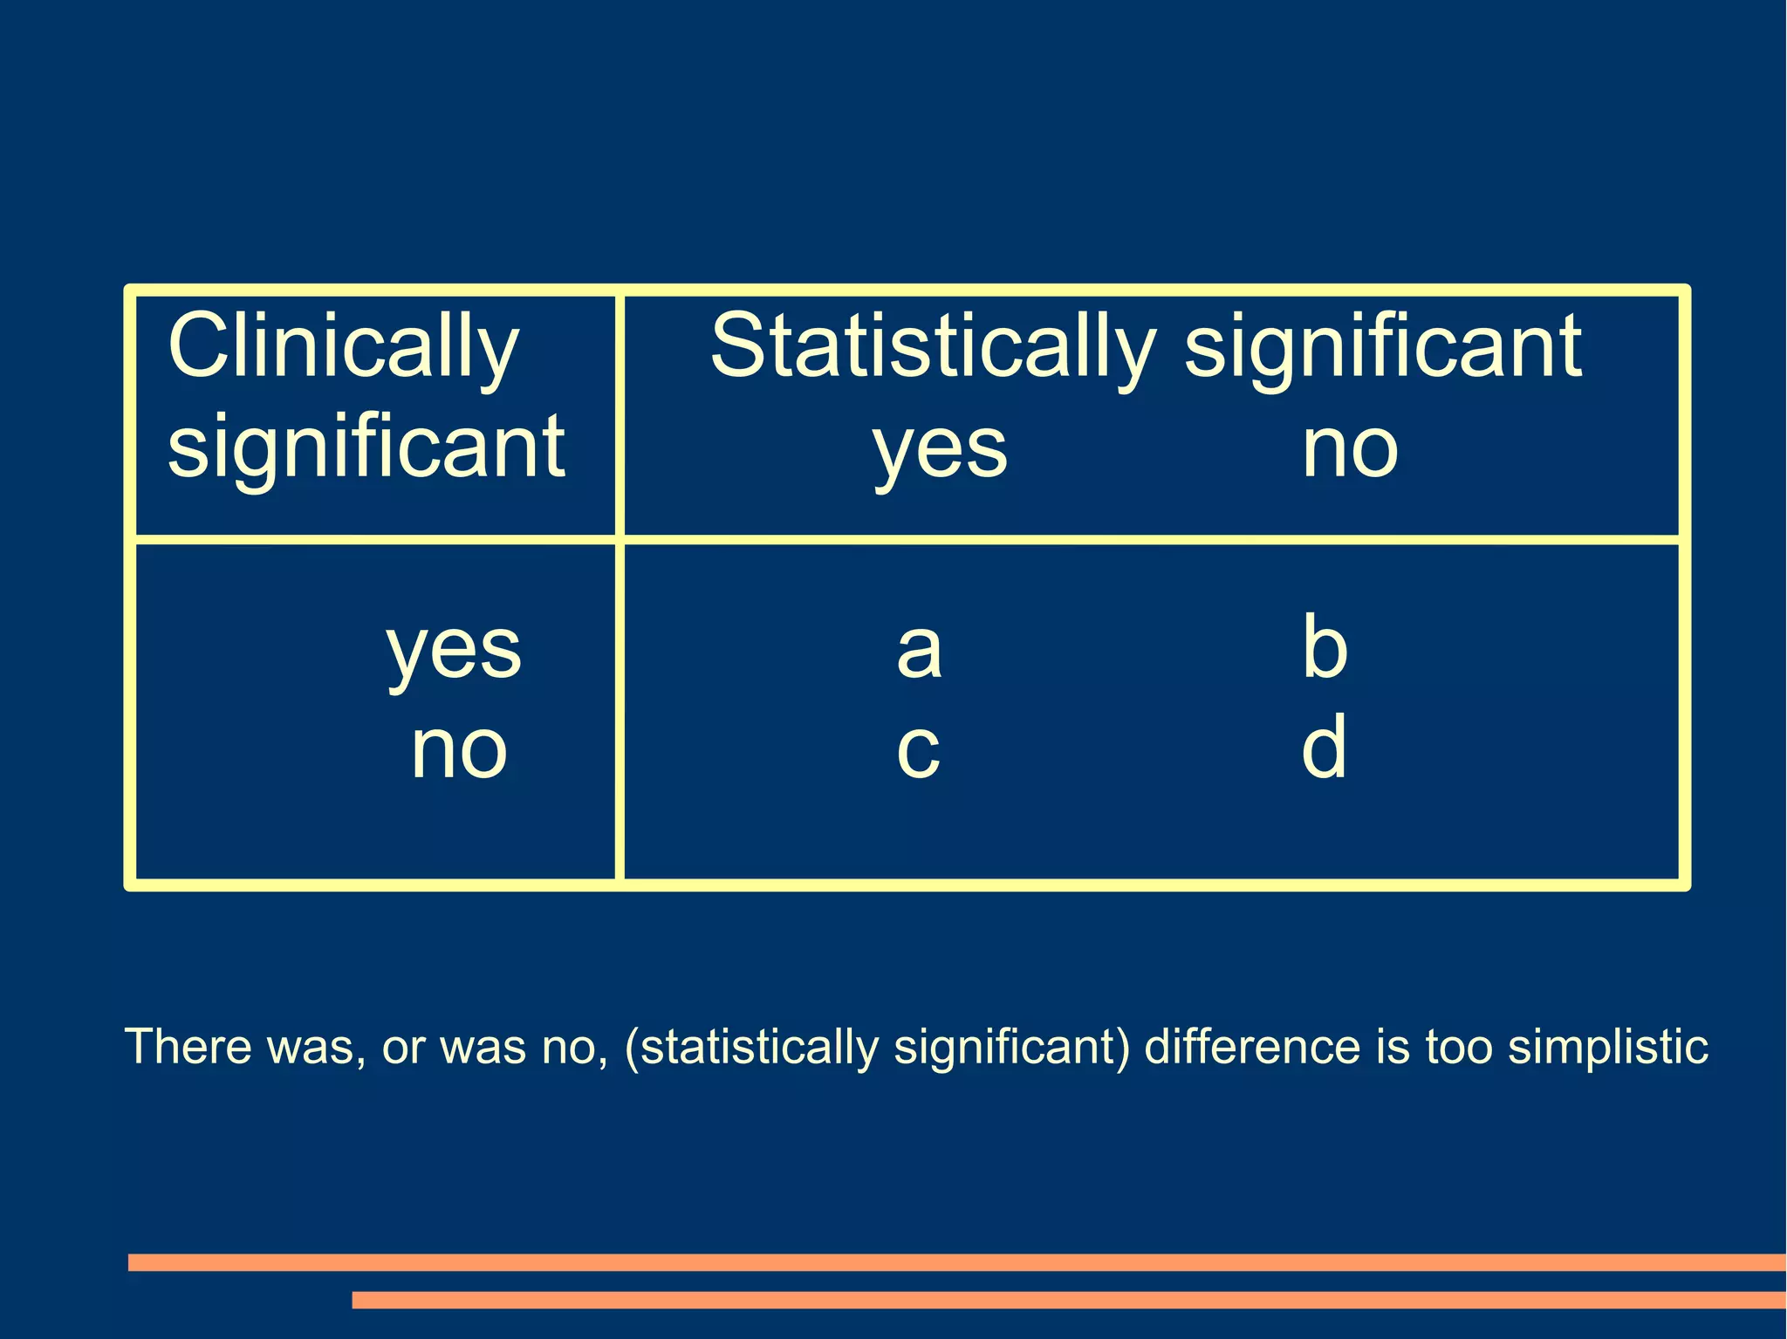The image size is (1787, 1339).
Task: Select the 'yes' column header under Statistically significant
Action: (x=940, y=450)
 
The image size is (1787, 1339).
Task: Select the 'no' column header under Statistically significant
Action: (x=1349, y=448)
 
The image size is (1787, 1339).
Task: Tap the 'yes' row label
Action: (x=454, y=651)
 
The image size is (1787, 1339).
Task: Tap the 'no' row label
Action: (x=459, y=750)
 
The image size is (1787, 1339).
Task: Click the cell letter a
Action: (x=919, y=650)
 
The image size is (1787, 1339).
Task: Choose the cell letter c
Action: (x=918, y=750)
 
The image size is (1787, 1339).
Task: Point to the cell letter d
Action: (x=1324, y=747)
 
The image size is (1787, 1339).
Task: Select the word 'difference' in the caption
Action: (x=1251, y=1046)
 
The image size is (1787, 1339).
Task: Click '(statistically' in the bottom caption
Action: (x=751, y=1048)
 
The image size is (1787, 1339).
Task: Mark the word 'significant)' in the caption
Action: (x=1012, y=1048)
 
